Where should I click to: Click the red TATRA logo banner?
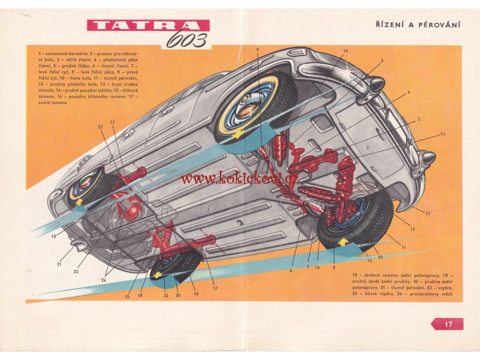coord(148,25)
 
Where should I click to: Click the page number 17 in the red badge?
coord(448,324)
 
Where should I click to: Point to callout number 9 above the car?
coord(257,49)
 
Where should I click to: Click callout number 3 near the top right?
coord(382,61)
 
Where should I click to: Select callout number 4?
coord(409,92)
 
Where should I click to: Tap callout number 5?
coord(419,119)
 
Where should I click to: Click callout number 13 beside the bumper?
coord(427,213)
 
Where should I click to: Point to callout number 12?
coord(412,229)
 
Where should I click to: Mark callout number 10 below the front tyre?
coord(380,257)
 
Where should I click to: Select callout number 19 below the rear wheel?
coord(196,294)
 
